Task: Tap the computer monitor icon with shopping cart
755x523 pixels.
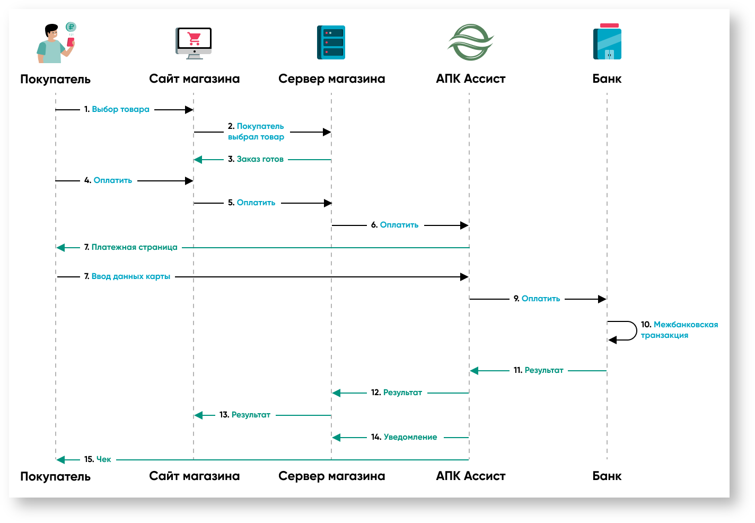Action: tap(194, 42)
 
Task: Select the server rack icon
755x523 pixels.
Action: tap(331, 42)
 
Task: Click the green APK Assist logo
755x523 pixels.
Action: tap(470, 42)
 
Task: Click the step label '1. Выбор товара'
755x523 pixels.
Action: tap(117, 109)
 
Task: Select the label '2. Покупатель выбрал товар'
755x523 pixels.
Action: tap(256, 132)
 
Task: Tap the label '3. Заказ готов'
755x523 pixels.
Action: tap(256, 159)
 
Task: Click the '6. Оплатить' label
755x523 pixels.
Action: tap(394, 225)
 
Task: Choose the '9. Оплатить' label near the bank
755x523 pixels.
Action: tap(537, 299)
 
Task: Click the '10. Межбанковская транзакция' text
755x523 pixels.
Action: tap(679, 330)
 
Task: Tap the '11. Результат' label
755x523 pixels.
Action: tap(538, 370)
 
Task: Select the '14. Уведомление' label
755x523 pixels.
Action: tap(404, 437)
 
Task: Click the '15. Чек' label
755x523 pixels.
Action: tap(98, 459)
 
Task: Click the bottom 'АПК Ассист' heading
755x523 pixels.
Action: tap(470, 476)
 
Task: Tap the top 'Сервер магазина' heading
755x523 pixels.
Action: tap(331, 79)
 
